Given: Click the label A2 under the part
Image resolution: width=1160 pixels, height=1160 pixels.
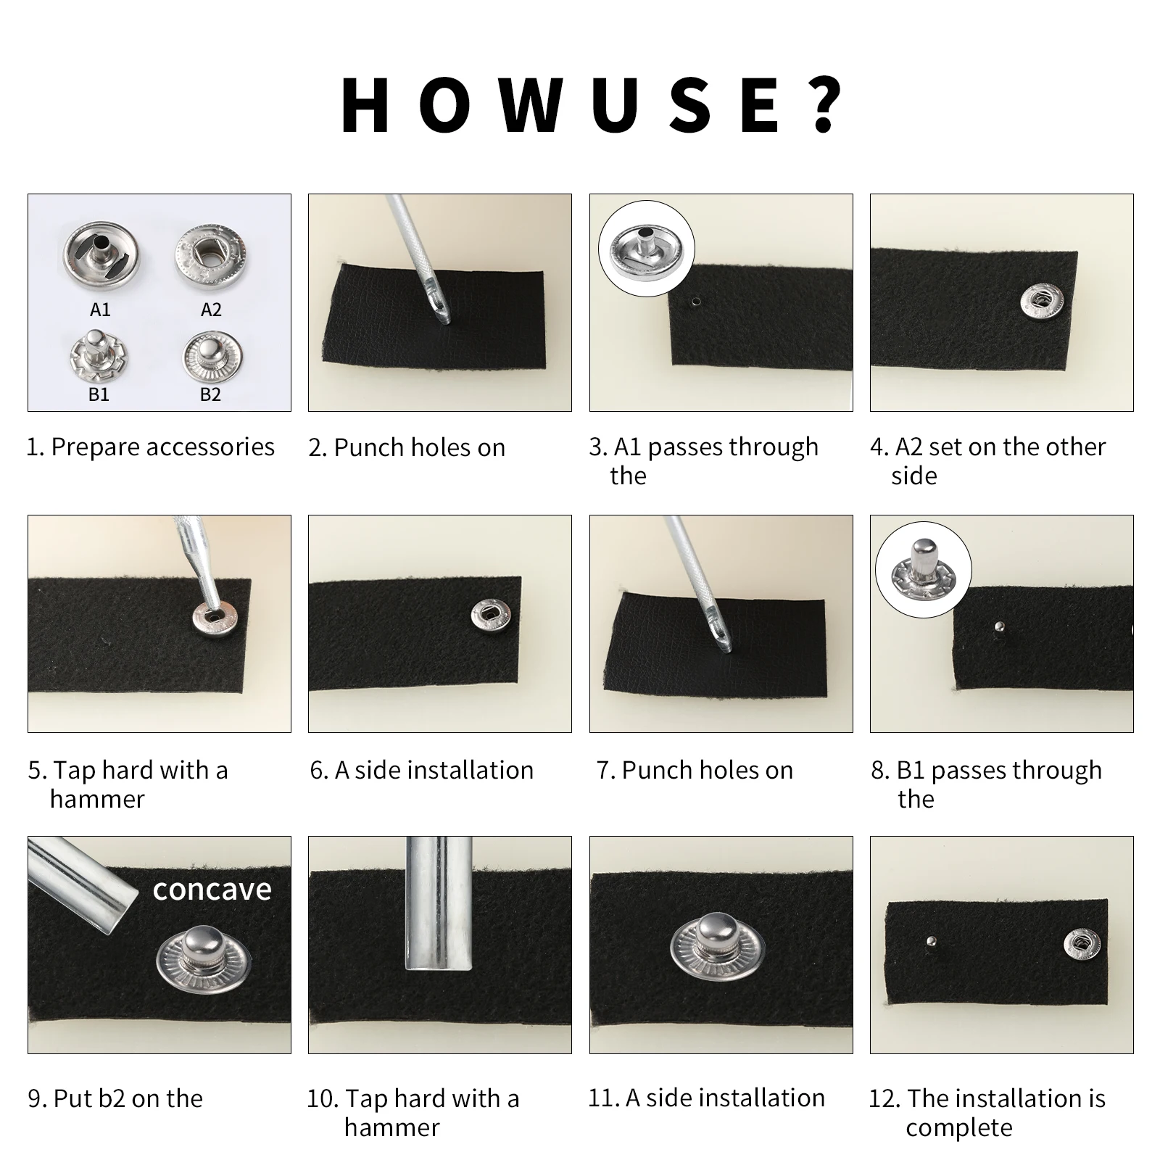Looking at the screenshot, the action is coord(211,310).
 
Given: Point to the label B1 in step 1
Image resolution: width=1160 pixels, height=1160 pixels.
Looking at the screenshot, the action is coord(99,394).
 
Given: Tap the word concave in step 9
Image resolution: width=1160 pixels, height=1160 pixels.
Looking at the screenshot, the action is coord(212,890).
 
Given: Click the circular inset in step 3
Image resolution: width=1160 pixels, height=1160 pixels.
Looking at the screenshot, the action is coord(646,249).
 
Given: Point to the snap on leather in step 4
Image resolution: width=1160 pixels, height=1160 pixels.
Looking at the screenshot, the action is coord(1042,300).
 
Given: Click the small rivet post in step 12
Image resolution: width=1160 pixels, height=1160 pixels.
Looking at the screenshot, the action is coord(932,942).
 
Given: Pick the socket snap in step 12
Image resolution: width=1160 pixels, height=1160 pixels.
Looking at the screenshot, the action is coord(1082,942).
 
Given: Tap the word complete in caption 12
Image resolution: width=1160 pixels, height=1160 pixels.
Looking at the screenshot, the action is coord(958,1128).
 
